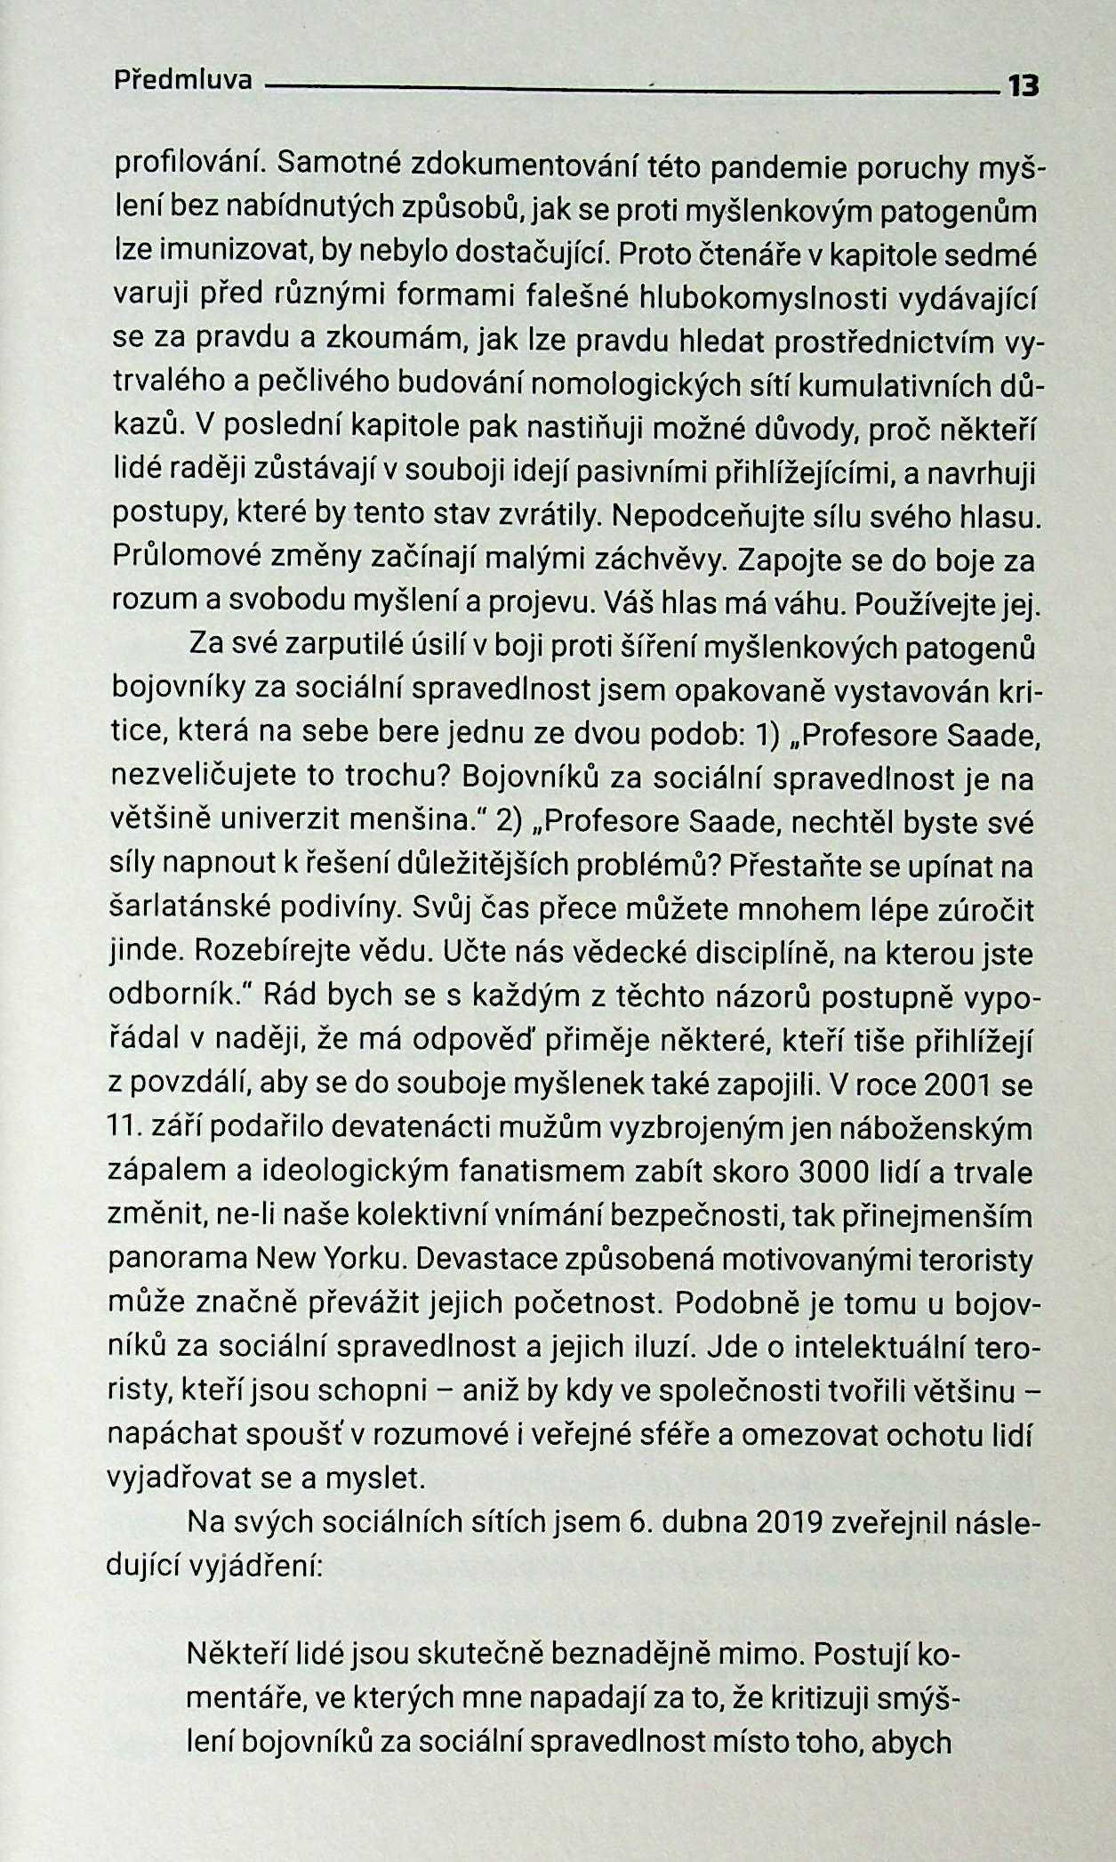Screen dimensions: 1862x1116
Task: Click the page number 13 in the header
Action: click(x=1022, y=86)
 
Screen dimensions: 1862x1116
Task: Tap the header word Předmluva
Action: click(x=183, y=81)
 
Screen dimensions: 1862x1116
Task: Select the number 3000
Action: click(x=834, y=1172)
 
